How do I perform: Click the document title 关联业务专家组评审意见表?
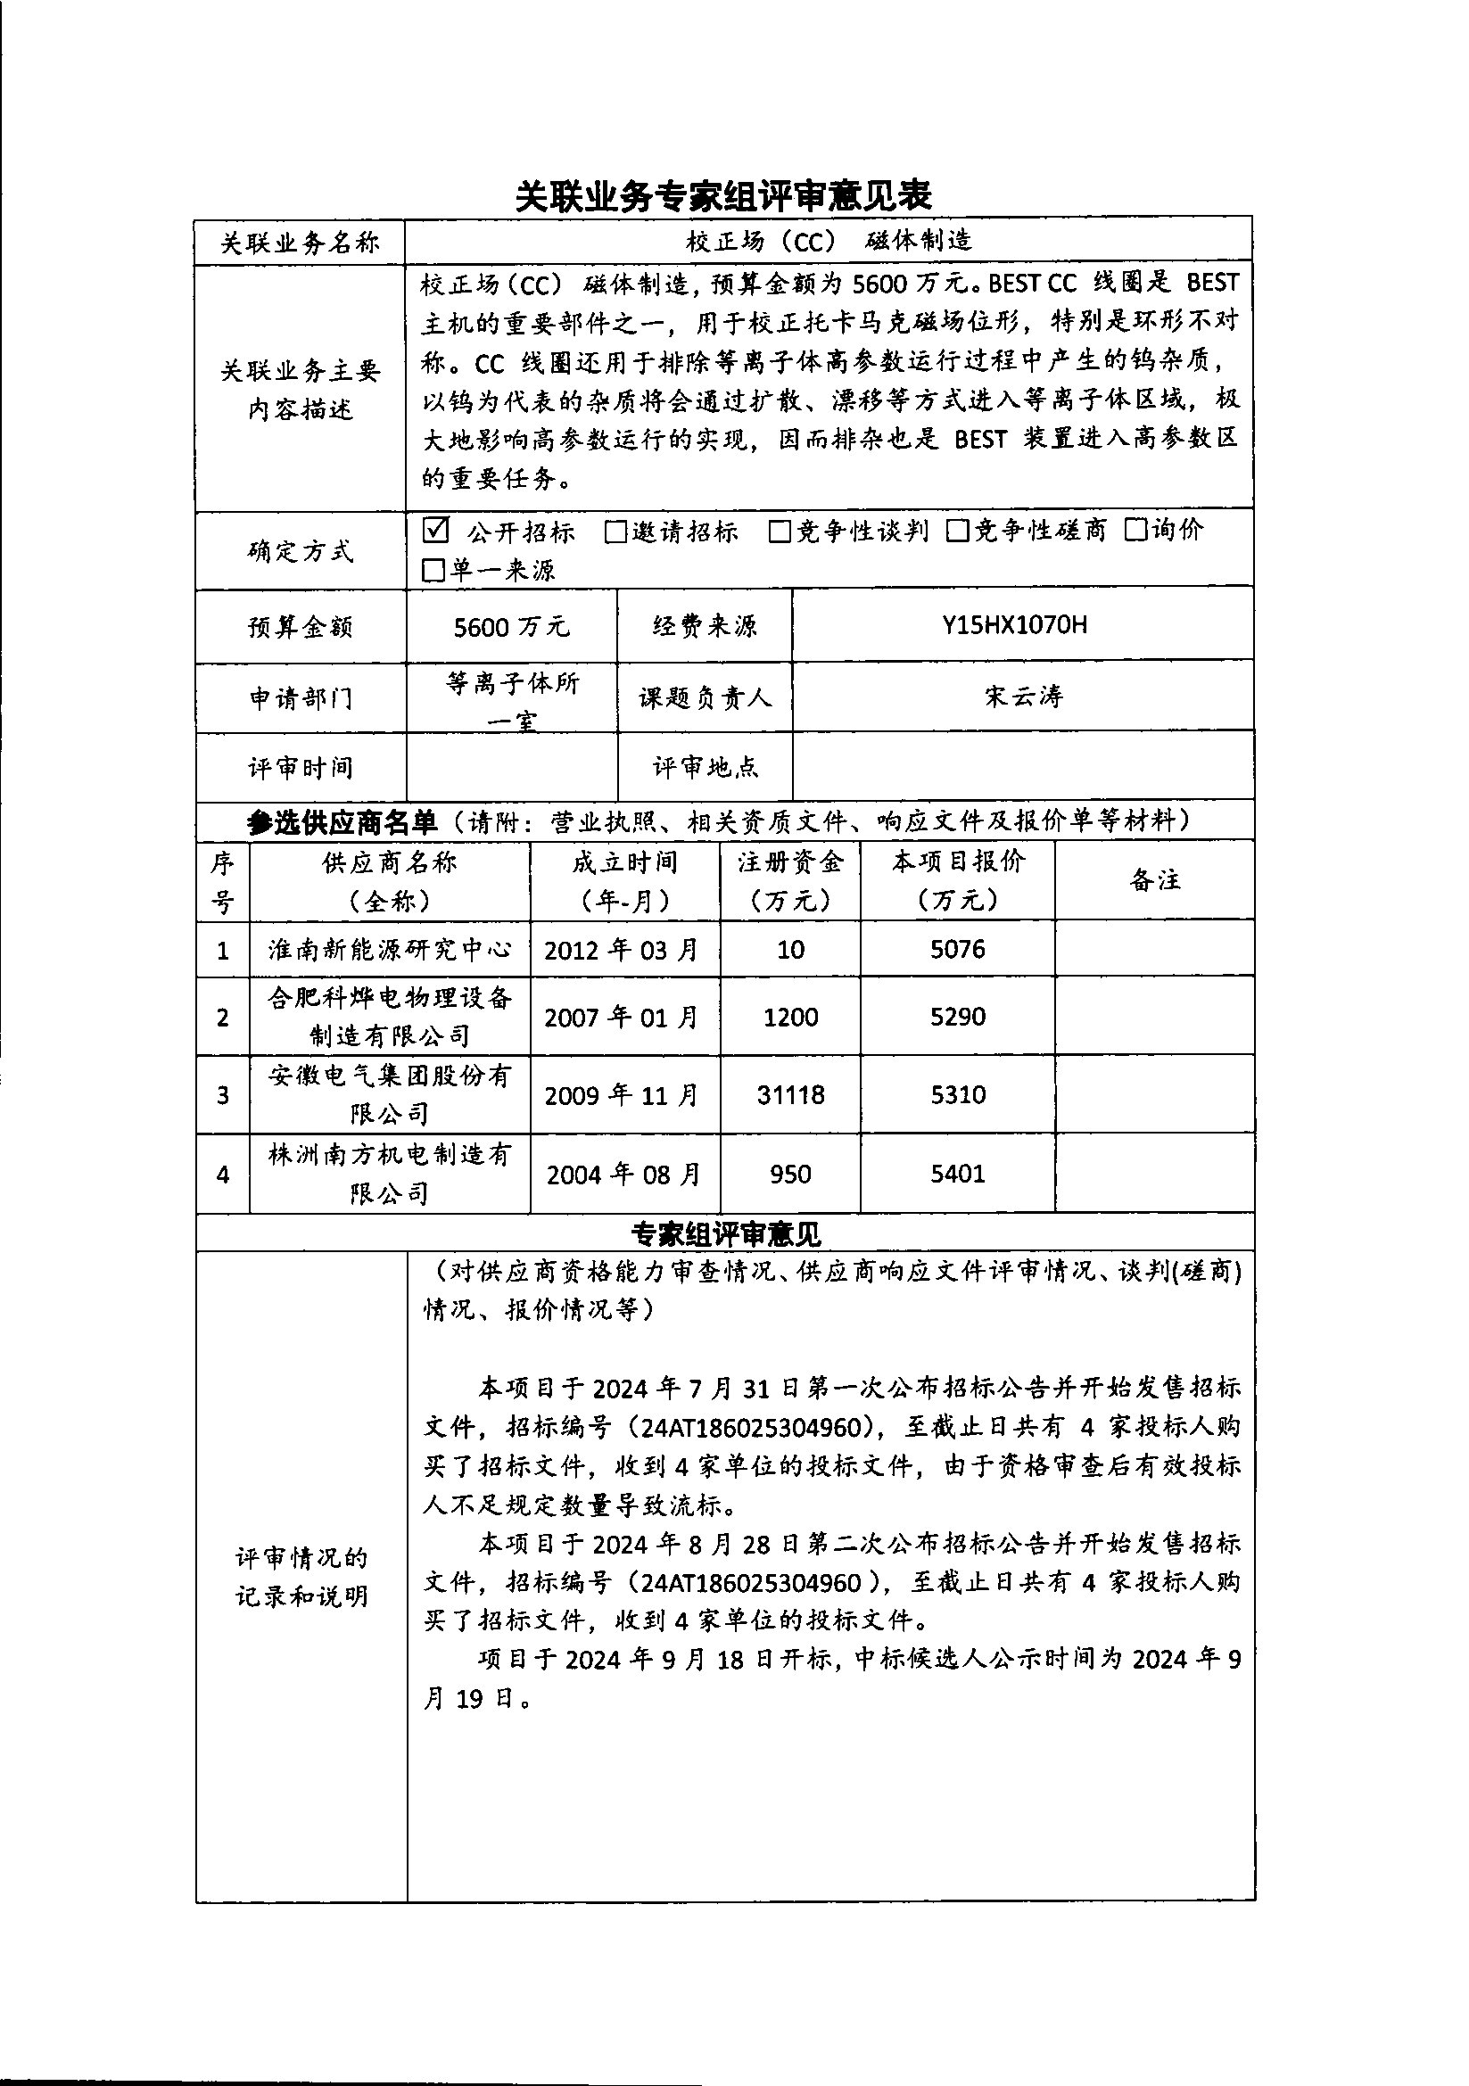pos(723,195)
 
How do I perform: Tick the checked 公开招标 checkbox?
pos(436,530)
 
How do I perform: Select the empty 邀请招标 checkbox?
pos(615,532)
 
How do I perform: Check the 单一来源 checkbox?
pos(434,571)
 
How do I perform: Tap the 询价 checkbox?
pos(1135,530)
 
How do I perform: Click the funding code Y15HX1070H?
pos(1014,625)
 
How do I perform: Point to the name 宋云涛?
pos(1023,697)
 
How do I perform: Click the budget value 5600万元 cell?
pos(511,626)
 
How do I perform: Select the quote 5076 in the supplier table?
pos(958,950)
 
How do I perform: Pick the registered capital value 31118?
pos(790,1095)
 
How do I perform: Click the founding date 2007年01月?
pos(623,1017)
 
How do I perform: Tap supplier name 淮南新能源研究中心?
pos(390,951)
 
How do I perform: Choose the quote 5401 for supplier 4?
pos(958,1174)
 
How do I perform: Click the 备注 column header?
pos(1155,879)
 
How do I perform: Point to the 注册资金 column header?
pos(789,879)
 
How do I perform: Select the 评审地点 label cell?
pos(705,768)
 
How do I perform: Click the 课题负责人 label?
pos(705,697)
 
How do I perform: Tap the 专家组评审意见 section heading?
pos(726,1233)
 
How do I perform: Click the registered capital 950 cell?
pos(790,1174)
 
